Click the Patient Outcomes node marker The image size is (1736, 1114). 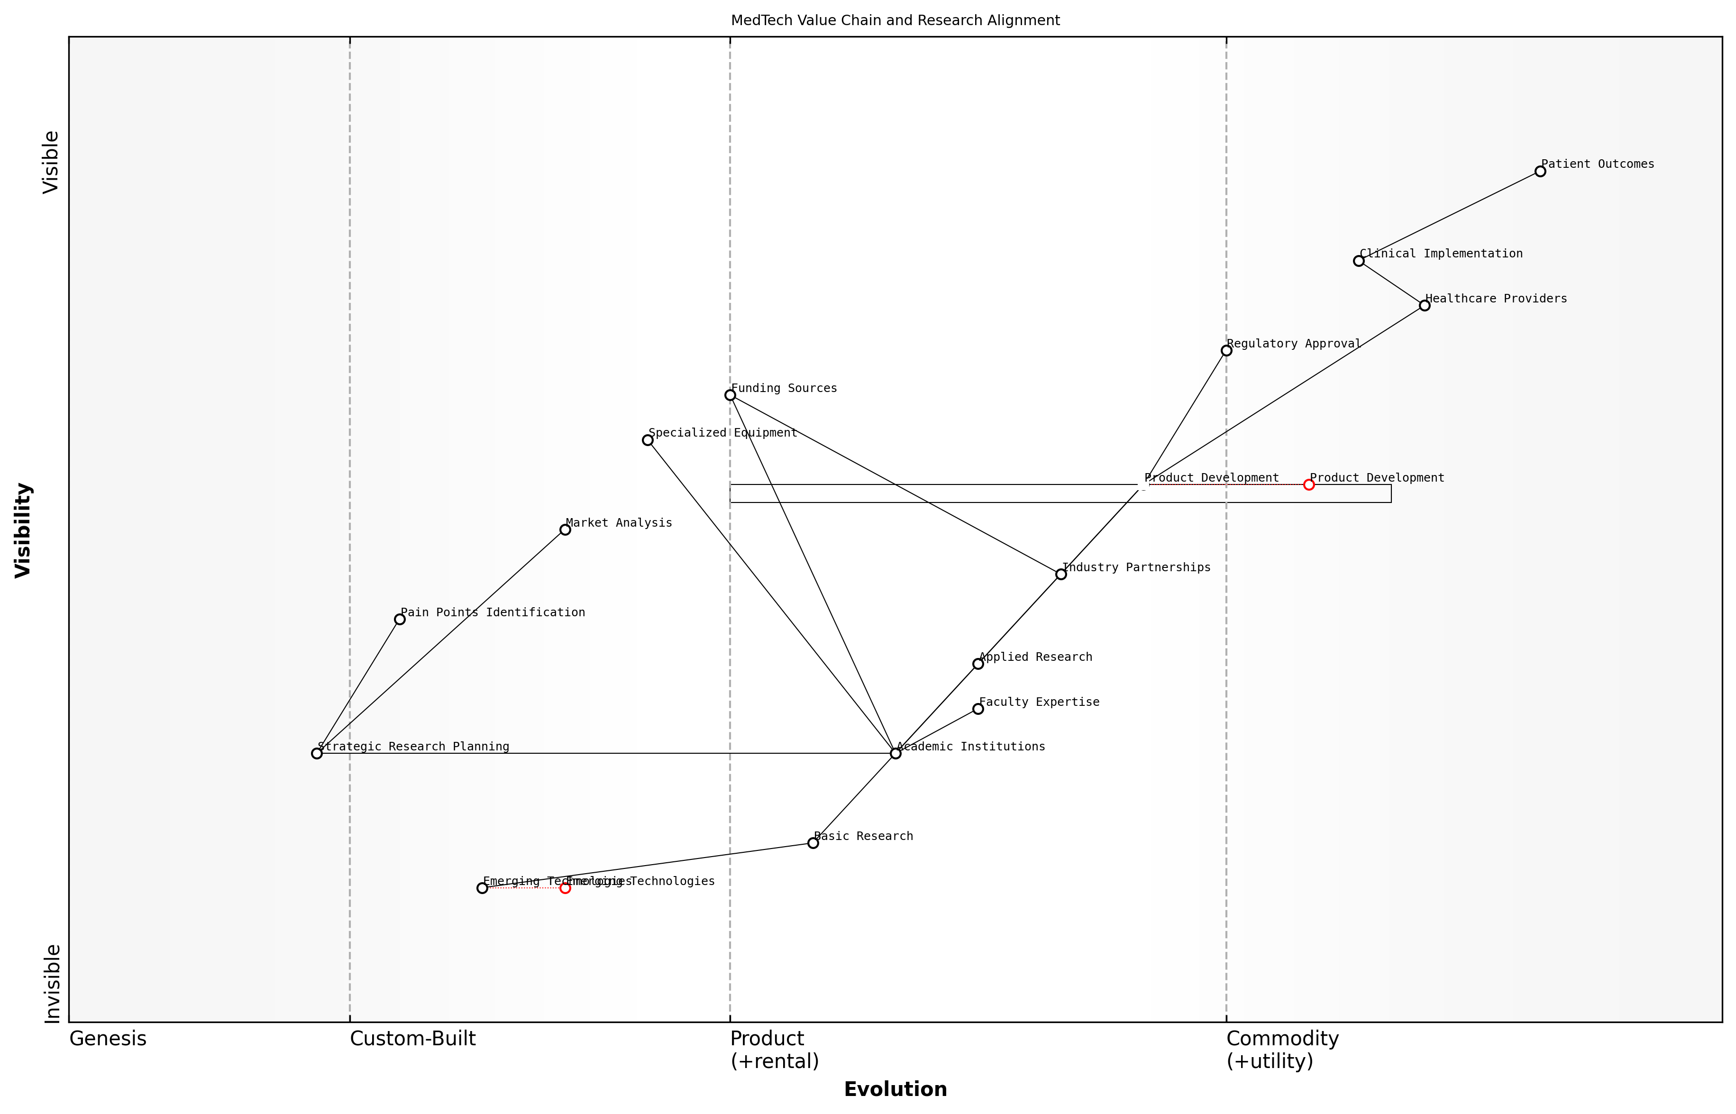[x=1540, y=172]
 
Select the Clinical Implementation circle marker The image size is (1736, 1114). [x=1359, y=261]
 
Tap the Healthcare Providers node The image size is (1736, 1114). [x=1424, y=305]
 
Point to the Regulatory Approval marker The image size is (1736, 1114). [x=1226, y=351]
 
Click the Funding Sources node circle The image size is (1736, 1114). [x=730, y=395]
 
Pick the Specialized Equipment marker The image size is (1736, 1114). [x=648, y=440]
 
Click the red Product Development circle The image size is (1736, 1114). [x=1308, y=484]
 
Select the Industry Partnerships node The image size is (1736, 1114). [x=1060, y=575]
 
